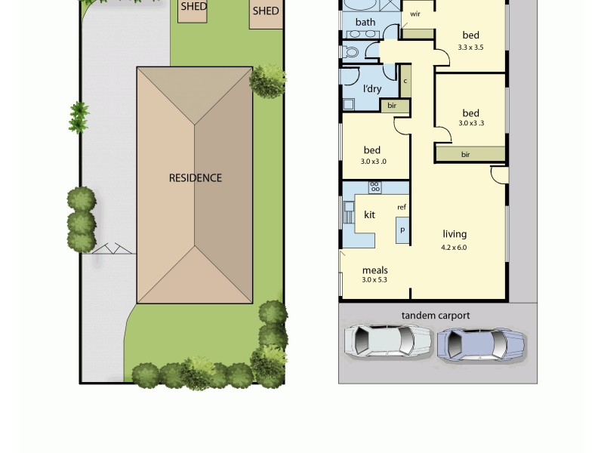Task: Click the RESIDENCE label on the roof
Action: point(195,178)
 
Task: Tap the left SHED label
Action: point(193,7)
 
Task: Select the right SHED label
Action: point(265,11)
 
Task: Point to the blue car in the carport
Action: point(481,344)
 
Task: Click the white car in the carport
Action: point(389,341)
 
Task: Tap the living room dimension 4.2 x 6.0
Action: point(455,247)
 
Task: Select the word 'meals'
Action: point(374,270)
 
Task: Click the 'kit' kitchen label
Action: point(370,215)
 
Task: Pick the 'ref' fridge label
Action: point(402,207)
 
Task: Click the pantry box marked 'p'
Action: point(402,230)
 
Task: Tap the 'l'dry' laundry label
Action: point(371,88)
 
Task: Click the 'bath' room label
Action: point(365,23)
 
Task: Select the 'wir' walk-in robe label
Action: point(415,14)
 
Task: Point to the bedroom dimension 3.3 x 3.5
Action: point(470,47)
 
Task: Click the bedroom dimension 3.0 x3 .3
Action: point(471,123)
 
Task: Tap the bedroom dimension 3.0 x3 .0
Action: point(374,161)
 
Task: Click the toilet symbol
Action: point(351,52)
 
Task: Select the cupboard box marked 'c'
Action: point(405,81)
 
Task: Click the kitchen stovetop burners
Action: point(374,186)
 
